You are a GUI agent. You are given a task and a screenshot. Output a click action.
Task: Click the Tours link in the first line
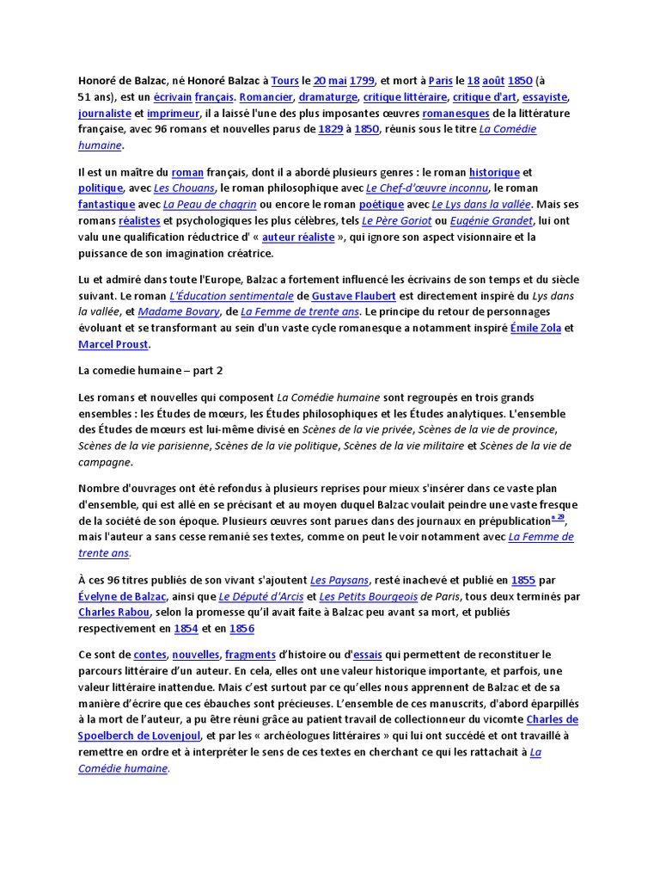pos(284,81)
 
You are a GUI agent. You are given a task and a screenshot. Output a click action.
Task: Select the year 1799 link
pos(362,81)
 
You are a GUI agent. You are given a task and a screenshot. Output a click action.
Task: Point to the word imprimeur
pos(173,114)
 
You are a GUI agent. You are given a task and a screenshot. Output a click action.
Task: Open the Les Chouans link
pos(183,188)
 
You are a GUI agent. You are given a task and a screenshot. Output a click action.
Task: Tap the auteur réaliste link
pos(298,237)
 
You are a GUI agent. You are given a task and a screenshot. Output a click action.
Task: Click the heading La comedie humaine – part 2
pos(151,370)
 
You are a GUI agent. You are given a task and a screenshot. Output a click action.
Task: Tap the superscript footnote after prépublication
pos(558,518)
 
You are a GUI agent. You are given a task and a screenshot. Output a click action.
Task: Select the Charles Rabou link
pos(114,613)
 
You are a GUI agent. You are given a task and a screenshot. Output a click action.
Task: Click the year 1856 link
pos(241,629)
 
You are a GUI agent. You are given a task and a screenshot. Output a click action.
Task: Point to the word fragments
pos(251,654)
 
